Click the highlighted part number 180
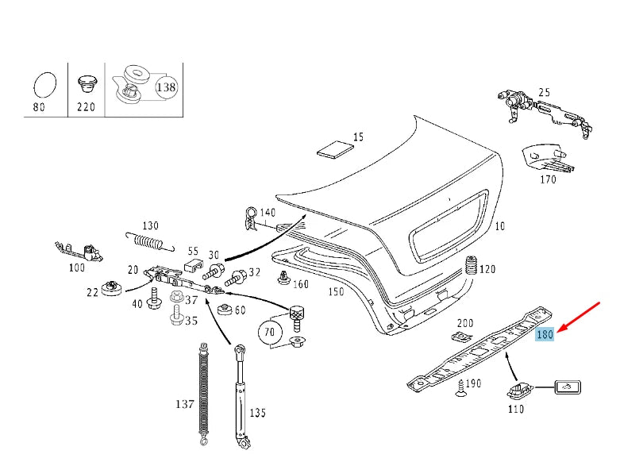tap(545, 335)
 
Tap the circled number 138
tap(166, 87)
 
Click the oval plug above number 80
tap(45, 85)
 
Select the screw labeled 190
tap(459, 387)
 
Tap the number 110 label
tap(516, 410)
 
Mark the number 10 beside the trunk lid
tap(499, 226)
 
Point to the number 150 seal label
tap(337, 291)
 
